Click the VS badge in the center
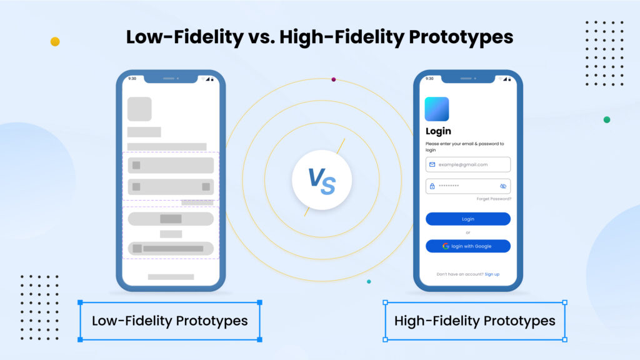pos(321,181)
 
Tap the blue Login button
pos(467,219)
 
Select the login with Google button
pos(467,246)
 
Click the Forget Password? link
pos(494,199)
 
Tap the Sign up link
pos(492,274)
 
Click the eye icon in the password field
pos(503,186)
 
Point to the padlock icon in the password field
pos(432,186)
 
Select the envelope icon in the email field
pos(432,164)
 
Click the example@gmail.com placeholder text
pos(463,164)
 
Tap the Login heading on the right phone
pos(438,131)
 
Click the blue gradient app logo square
pos(437,109)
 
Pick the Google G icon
pos(446,246)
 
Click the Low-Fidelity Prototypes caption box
pos(169,321)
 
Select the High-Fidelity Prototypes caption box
pos(474,321)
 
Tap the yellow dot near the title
pos(55,41)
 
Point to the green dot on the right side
pos(606,119)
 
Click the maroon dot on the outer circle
pos(334,79)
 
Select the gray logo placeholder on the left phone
pos(139,109)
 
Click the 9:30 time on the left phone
pos(132,79)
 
